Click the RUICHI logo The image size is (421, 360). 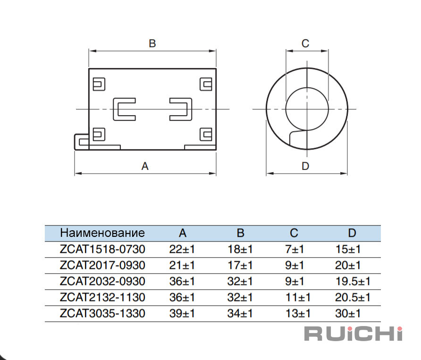click(353, 334)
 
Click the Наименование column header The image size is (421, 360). click(102, 233)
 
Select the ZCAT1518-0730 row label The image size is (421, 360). click(102, 249)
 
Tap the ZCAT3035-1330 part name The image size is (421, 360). click(102, 313)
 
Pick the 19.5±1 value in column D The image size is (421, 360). click(353, 281)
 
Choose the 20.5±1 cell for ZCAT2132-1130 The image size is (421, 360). click(353, 297)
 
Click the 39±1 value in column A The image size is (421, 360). click(182, 313)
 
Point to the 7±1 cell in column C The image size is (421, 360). click(294, 249)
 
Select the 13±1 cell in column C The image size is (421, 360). click(298, 313)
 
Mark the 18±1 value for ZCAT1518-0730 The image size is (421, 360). click(240, 249)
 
